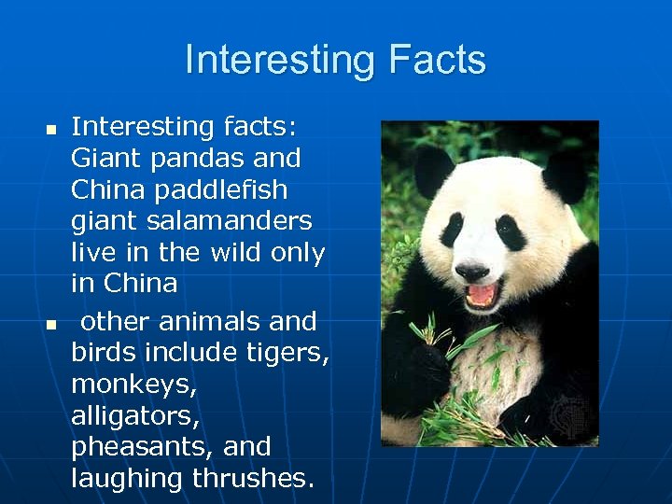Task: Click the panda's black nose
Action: tap(471, 271)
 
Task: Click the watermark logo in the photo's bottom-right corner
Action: tap(570, 413)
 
